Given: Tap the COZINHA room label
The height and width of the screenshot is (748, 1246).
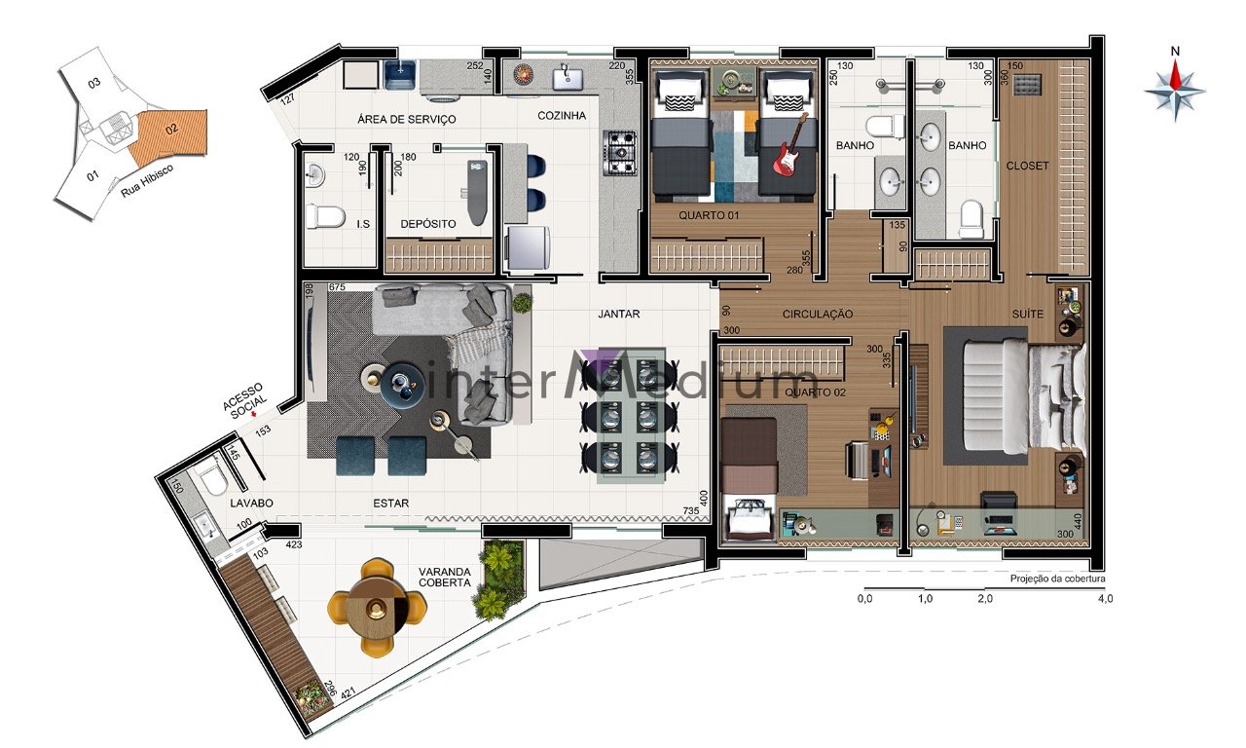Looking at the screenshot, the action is coord(562,115).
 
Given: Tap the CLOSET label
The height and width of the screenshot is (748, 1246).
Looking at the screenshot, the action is coord(1027,166).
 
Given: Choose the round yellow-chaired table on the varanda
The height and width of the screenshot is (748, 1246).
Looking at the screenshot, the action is coord(377,607).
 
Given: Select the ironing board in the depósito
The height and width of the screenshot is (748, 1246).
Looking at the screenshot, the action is coord(477,192).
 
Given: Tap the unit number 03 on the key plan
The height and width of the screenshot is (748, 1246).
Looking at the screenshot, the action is coord(94,83).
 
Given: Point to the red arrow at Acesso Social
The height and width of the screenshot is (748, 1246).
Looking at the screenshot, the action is coord(254,415).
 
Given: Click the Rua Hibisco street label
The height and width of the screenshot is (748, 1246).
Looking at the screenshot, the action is coord(147,180).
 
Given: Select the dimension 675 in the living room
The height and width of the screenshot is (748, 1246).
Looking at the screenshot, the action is coord(337,287).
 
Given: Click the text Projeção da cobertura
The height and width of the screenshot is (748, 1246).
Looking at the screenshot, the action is coord(1057,579).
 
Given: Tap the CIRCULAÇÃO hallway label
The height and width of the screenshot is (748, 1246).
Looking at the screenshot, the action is coord(817,314).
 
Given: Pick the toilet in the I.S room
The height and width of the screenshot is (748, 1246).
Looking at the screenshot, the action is coord(326,217).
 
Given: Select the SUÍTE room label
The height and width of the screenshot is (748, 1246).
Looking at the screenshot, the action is coord(1027,314).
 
